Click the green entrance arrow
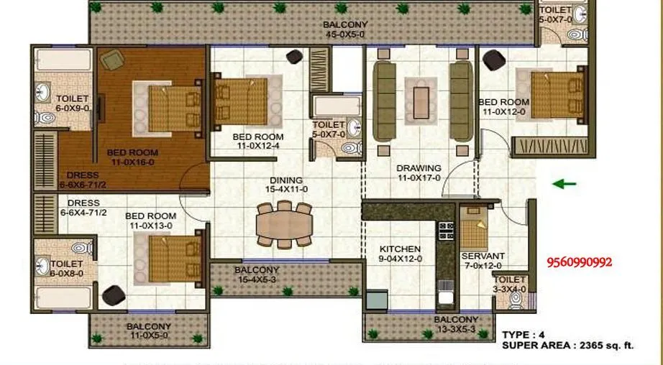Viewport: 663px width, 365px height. [x=564, y=184]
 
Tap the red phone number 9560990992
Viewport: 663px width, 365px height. [x=580, y=262]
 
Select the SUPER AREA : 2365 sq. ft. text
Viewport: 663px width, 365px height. [x=567, y=346]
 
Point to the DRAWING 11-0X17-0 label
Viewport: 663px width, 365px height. [x=419, y=173]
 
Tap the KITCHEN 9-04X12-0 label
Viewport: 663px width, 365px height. [x=401, y=254]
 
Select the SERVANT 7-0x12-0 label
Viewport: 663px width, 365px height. [x=483, y=261]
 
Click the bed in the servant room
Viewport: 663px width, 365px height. [x=474, y=232]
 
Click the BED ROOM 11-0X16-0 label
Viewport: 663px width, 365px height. [x=132, y=157]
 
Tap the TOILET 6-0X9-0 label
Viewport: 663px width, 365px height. [x=73, y=103]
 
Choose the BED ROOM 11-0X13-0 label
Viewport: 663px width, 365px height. [x=150, y=221]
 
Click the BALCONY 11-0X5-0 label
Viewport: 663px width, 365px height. [x=150, y=331]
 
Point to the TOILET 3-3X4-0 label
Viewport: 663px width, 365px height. [x=511, y=285]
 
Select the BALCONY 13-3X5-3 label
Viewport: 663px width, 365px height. [x=456, y=325]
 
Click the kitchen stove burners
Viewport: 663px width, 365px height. [x=446, y=230]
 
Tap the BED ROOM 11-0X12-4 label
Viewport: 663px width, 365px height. [x=257, y=142]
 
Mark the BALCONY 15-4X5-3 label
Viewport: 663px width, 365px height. [x=257, y=275]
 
